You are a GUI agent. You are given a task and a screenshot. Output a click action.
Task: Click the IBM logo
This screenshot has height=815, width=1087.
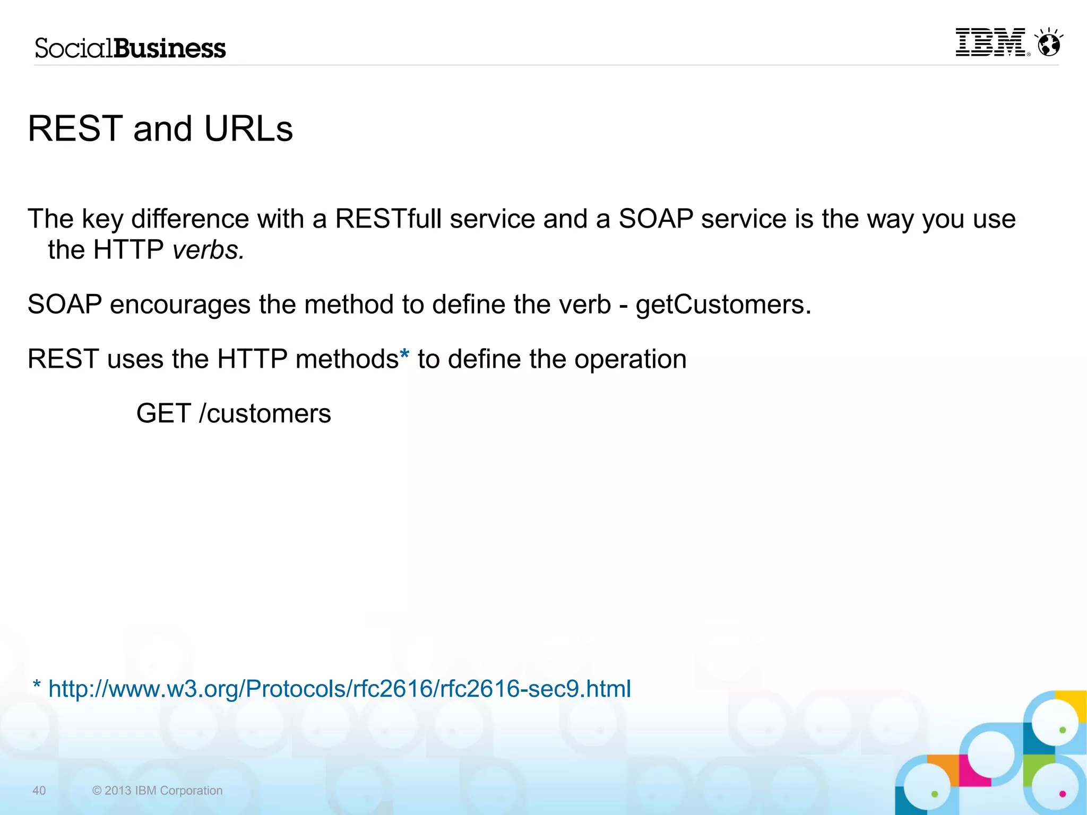pyautogui.click(x=991, y=42)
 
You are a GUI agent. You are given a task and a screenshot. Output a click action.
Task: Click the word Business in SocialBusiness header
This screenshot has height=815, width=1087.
pyautogui.click(x=170, y=48)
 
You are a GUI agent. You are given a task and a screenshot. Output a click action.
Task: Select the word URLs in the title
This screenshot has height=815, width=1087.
pyautogui.click(x=248, y=129)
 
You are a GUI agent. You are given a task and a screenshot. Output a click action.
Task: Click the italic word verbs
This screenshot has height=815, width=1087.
pyautogui.click(x=208, y=250)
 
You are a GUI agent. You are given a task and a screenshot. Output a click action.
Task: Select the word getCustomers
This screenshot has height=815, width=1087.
pyautogui.click(x=723, y=305)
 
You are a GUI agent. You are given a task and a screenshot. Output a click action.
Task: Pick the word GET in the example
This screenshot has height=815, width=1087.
pyautogui.click(x=163, y=414)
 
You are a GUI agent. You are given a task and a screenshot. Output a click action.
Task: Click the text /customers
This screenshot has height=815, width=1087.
pyautogui.click(x=265, y=414)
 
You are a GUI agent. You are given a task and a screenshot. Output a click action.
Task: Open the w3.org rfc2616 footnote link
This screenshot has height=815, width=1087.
pyautogui.click(x=340, y=689)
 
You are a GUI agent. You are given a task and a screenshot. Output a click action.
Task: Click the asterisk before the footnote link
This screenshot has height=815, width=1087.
pyautogui.click(x=37, y=685)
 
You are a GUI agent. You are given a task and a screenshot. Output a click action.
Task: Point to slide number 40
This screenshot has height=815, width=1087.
pyautogui.click(x=39, y=791)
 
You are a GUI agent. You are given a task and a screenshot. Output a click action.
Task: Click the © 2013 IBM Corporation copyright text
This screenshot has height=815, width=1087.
pyautogui.click(x=157, y=791)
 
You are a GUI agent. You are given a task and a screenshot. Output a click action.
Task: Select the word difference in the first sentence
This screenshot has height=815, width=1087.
pyautogui.click(x=190, y=219)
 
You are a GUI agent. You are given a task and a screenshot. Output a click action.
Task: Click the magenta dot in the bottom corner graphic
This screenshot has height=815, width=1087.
pyautogui.click(x=1062, y=794)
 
